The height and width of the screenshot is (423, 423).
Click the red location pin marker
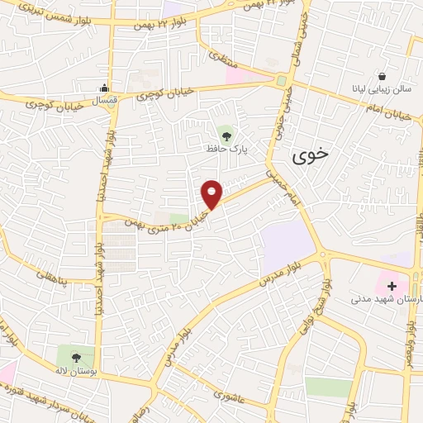click(212, 194)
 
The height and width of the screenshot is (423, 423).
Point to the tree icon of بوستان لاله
click(76, 358)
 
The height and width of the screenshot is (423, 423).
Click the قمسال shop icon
click(104, 89)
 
